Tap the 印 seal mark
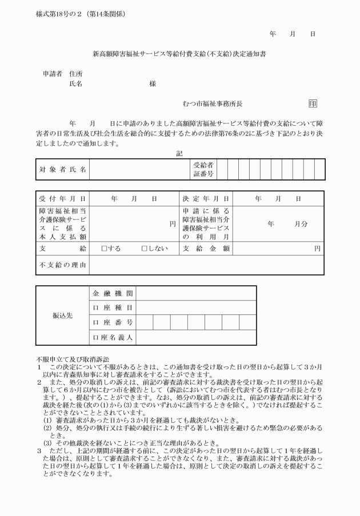point(313,103)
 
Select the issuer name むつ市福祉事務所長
point(213,103)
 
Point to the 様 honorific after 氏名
point(153,83)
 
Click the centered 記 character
point(179,153)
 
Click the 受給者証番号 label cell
point(203,170)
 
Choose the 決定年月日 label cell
point(206,199)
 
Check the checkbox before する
point(104,249)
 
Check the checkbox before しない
point(145,249)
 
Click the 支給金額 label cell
point(206,249)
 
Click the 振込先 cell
point(62,315)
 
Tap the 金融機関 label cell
point(113,293)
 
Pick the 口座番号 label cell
point(113,323)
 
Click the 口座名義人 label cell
point(113,338)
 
